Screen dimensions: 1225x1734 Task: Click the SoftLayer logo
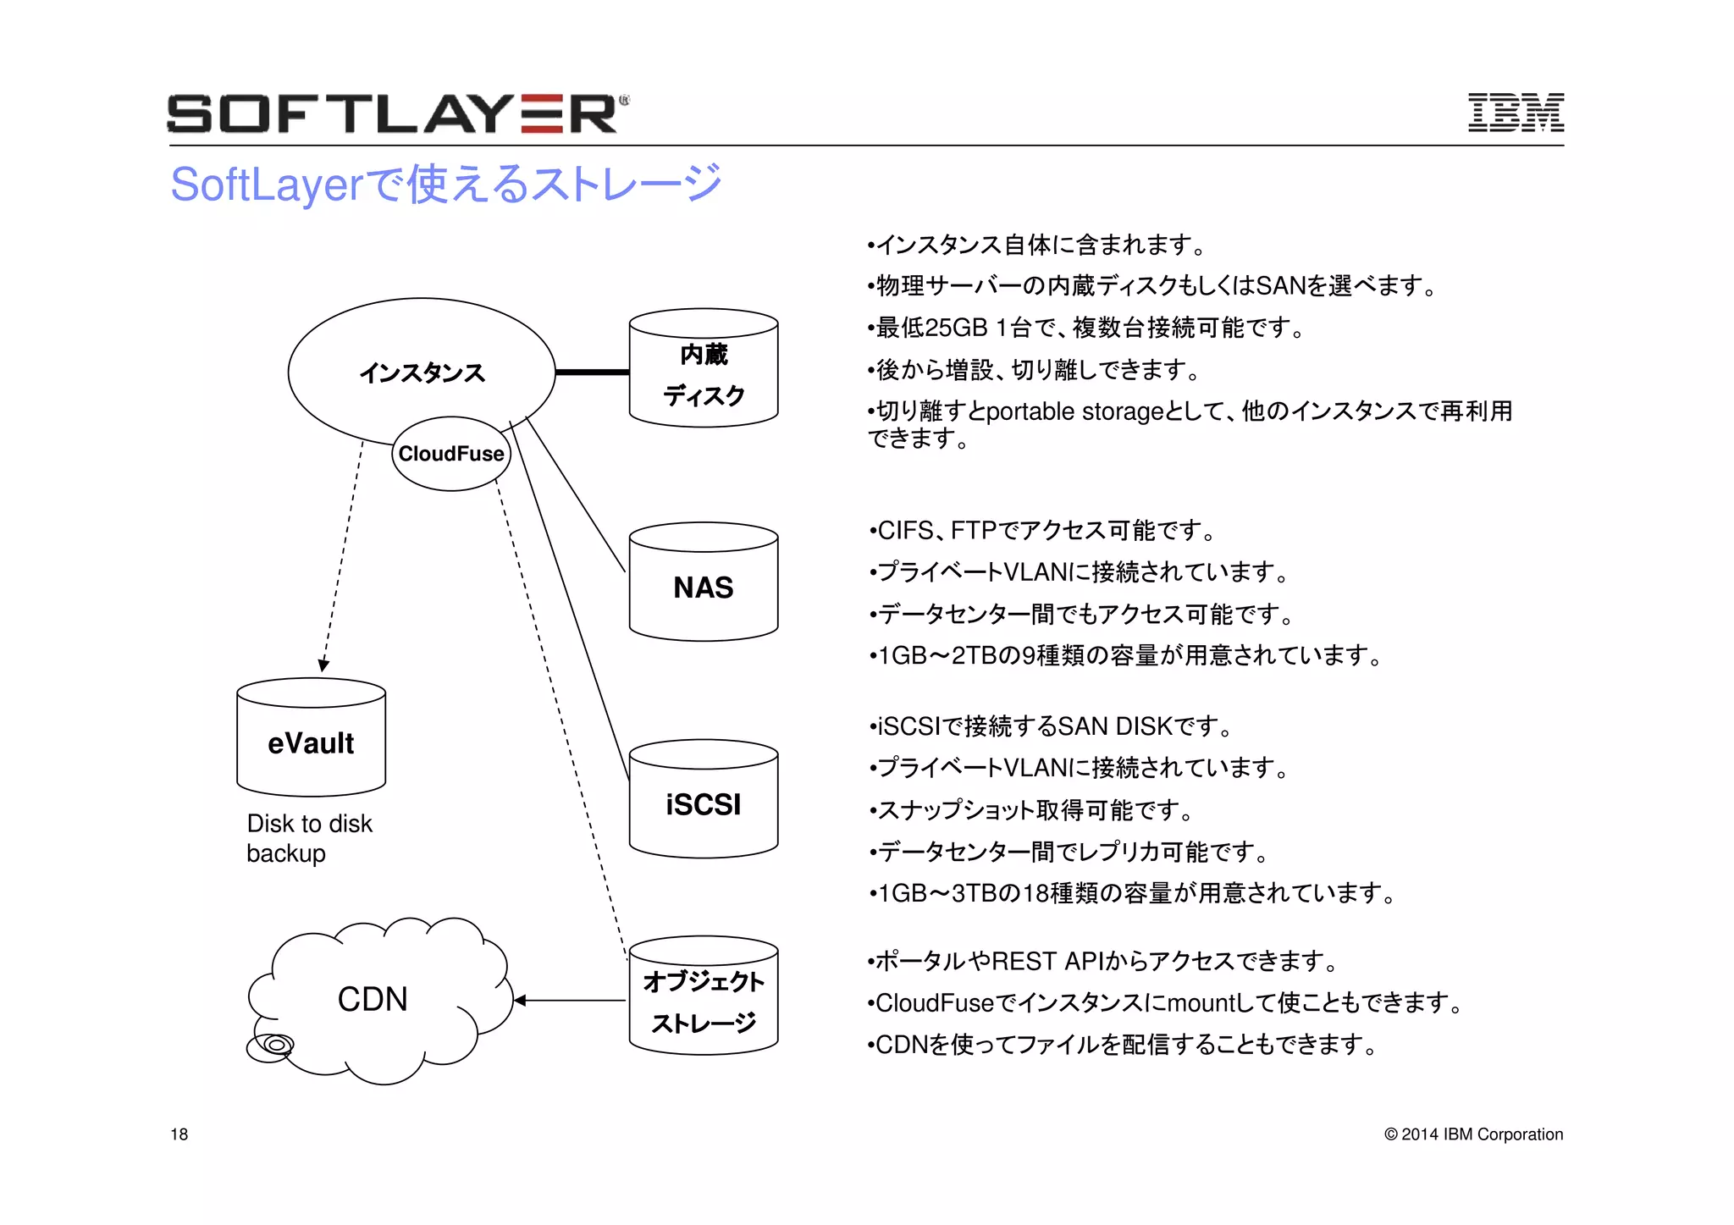tap(396, 113)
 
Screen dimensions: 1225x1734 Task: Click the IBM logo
tap(1515, 113)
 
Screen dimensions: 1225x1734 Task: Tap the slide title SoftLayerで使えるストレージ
tap(445, 185)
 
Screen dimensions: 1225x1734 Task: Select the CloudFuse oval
tap(451, 454)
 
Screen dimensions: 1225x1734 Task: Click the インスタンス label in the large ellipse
tap(422, 372)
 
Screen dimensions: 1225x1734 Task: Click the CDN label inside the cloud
tap(373, 999)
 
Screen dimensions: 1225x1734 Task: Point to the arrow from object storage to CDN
tap(569, 1001)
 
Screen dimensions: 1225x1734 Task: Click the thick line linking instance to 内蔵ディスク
tap(592, 372)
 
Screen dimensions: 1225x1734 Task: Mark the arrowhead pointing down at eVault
tap(323, 665)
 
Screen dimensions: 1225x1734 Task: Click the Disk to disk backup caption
tap(308, 838)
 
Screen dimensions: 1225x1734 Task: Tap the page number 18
tap(179, 1134)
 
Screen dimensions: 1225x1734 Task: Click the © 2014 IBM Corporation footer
tap(1473, 1134)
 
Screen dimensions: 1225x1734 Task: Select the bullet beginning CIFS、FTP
tap(1043, 531)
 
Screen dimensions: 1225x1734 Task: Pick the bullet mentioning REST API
tap(1104, 962)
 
